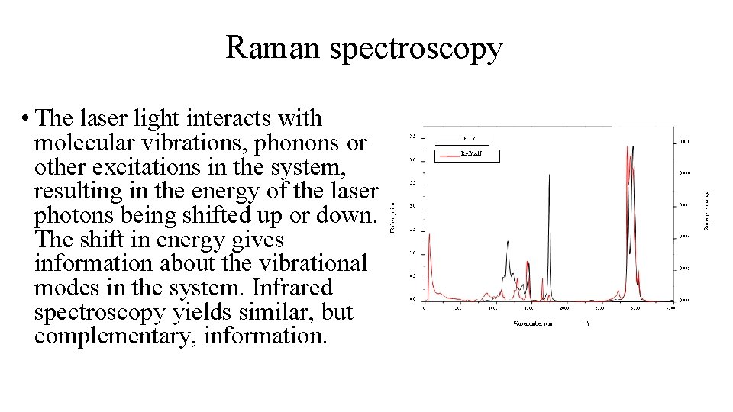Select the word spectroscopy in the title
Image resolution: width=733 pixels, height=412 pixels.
coord(415,49)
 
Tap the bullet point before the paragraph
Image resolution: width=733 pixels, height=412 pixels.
coord(26,120)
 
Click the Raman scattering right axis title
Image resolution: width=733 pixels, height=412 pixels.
coord(706,211)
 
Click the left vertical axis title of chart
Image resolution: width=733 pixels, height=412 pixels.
coord(393,217)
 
